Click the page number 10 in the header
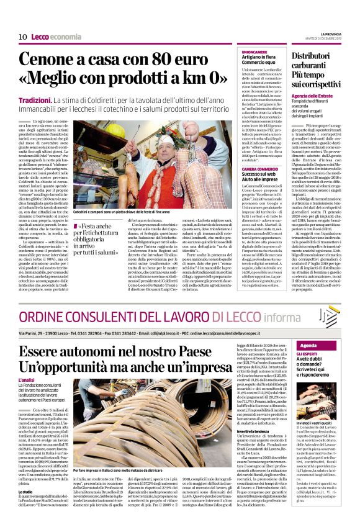pyautogui.click(x=22, y=37)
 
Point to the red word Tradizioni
pyautogui.click(x=35, y=100)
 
